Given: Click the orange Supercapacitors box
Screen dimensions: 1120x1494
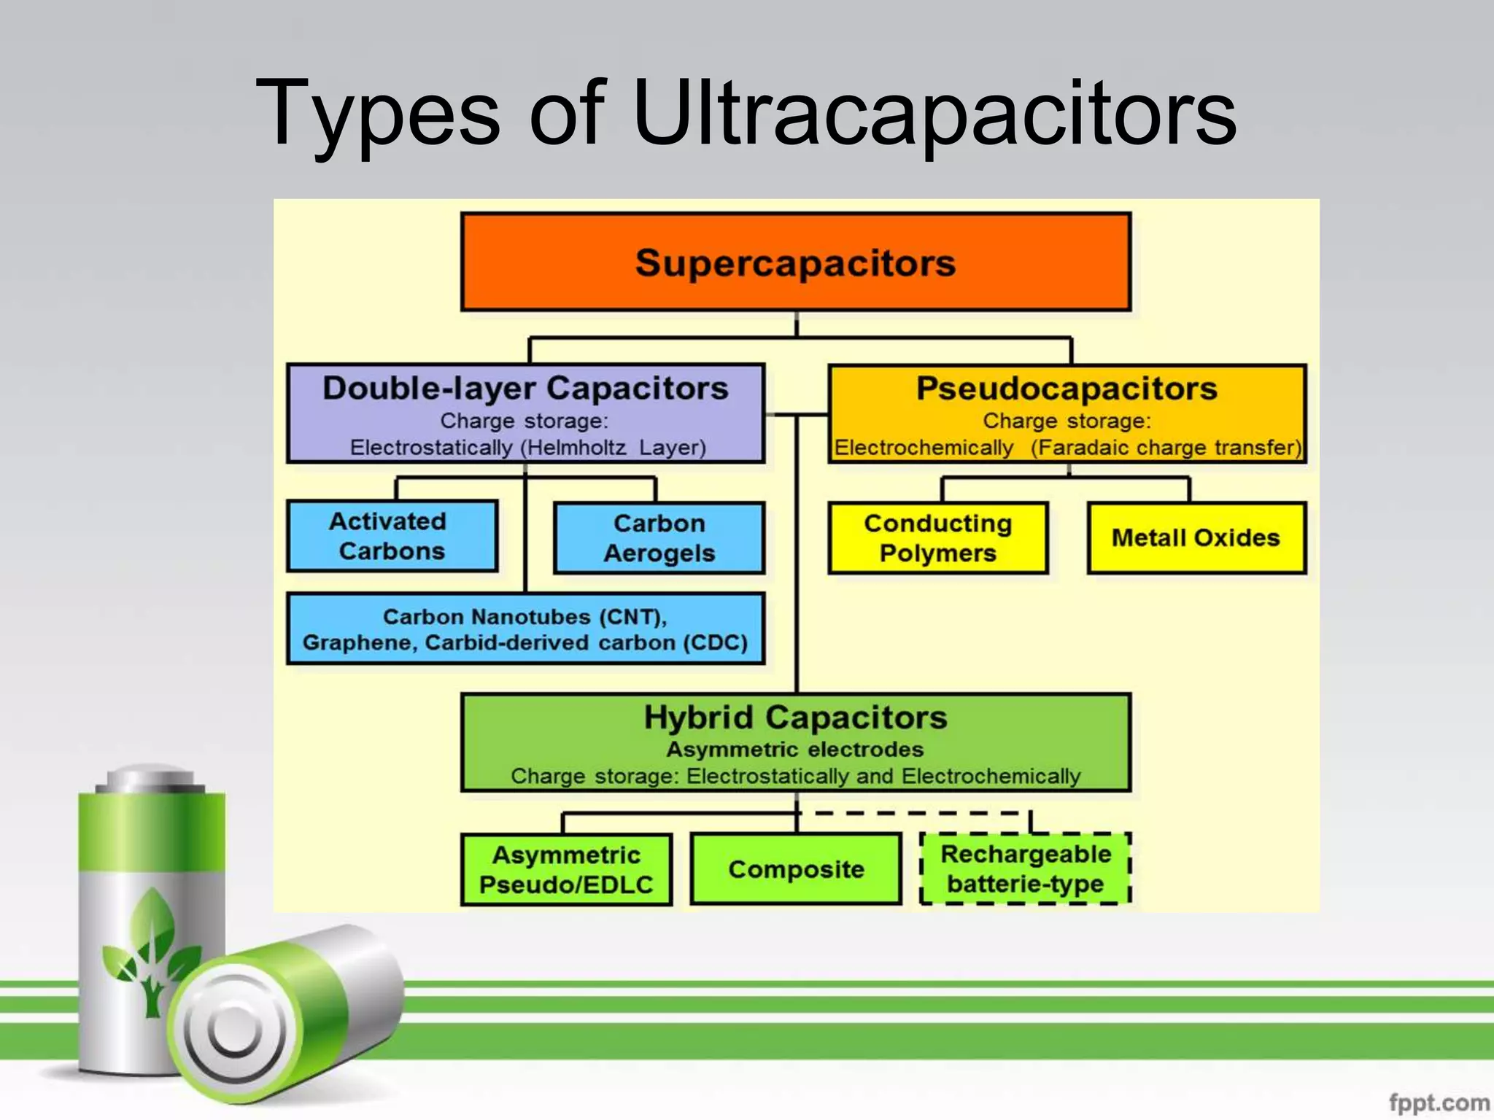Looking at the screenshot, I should click(795, 262).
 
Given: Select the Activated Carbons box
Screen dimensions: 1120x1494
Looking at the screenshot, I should click(392, 536).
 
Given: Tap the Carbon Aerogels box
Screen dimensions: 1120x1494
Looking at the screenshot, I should click(659, 538).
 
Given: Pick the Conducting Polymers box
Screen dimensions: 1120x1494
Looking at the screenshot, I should click(938, 538).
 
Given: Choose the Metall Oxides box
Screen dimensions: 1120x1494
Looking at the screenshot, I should click(1196, 538).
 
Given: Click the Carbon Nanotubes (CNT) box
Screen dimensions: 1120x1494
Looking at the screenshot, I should click(525, 629).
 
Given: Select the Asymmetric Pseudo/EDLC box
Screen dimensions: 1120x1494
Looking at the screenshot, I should click(566, 869).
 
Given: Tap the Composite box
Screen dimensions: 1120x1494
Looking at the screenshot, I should click(796, 869).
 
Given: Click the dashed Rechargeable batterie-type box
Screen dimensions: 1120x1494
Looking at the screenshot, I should click(1025, 869).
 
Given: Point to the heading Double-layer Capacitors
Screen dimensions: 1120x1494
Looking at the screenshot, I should click(525, 389).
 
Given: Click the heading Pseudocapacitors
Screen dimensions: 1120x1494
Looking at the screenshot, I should click(1067, 389).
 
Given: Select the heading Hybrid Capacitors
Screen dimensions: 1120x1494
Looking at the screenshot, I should click(795, 717).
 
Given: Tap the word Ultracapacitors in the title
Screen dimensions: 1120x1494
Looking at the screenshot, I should click(934, 115).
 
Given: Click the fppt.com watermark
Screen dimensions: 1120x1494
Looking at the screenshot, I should click(1438, 1102).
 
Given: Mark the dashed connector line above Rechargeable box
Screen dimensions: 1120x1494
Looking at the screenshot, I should click(919, 813).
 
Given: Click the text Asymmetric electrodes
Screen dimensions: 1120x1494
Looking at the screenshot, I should click(795, 750).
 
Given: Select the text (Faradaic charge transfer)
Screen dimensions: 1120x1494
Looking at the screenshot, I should click(1166, 448).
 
